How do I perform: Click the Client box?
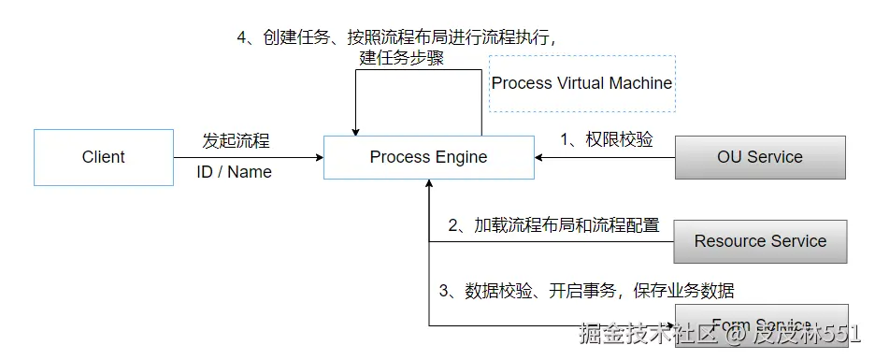coord(103,157)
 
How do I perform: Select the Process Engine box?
coord(428,157)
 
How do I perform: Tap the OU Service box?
coord(759,157)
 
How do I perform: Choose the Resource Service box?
coord(759,241)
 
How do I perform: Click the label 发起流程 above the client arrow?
coord(236,141)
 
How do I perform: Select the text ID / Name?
coord(234,172)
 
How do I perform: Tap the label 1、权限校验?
coord(606,139)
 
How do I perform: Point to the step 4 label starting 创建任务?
coord(402,37)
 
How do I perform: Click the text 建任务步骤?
coord(401,58)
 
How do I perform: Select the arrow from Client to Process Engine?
coord(248,157)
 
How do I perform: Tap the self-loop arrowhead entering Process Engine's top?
coord(355,130)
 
